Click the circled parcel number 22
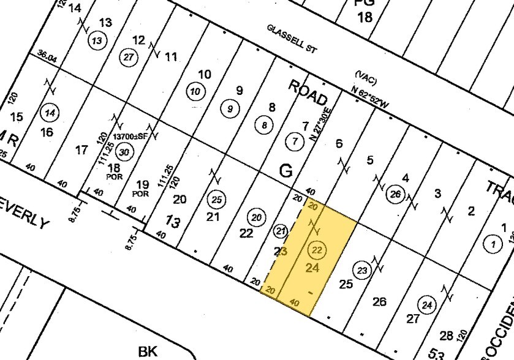tap(317, 250)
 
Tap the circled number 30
tap(124, 152)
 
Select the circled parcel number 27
tap(128, 56)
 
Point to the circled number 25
tap(216, 199)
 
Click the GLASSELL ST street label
tap(291, 38)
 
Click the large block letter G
tap(285, 171)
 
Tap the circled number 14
tap(50, 113)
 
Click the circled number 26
tap(396, 195)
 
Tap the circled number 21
tap(281, 231)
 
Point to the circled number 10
tap(195, 92)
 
